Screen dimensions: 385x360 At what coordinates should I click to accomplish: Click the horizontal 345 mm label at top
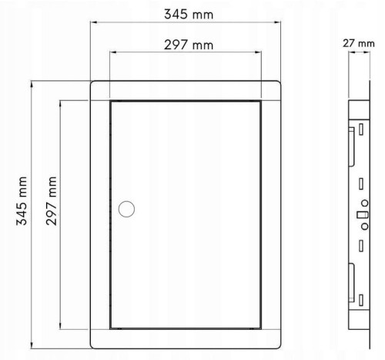[x=189, y=15]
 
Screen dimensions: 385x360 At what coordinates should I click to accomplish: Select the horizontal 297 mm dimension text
[x=189, y=45]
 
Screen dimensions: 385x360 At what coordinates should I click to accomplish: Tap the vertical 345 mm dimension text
[x=22, y=201]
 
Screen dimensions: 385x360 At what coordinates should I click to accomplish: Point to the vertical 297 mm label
[x=52, y=201]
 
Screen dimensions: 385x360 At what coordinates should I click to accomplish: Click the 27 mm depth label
[x=359, y=43]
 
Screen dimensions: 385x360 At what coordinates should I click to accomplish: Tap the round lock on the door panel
[x=126, y=209]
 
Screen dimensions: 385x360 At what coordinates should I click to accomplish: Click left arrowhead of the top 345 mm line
[x=94, y=22]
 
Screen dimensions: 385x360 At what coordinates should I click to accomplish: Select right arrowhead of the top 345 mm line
[x=277, y=22]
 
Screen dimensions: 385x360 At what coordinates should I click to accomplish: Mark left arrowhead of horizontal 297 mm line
[x=113, y=52]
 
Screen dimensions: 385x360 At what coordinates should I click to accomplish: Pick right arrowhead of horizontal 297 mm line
[x=258, y=52]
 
